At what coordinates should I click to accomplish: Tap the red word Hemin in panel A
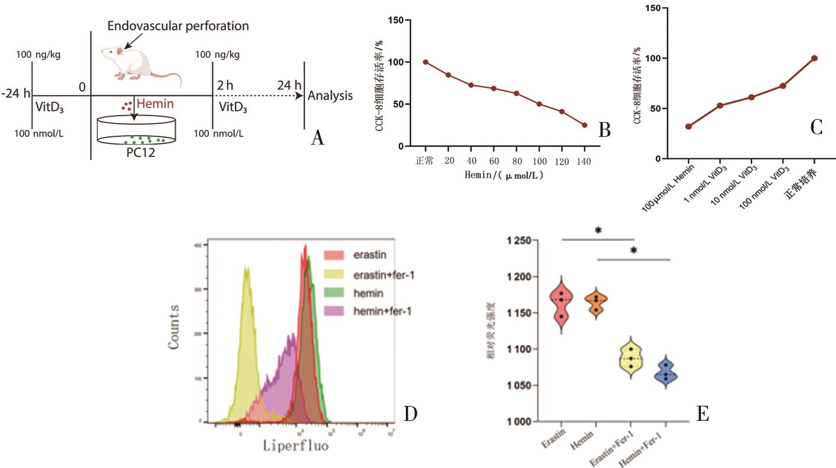pos(155,104)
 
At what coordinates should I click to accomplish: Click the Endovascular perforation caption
pos(178,26)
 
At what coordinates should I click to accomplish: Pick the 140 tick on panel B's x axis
pos(584,161)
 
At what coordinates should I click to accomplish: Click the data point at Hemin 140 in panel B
pos(584,125)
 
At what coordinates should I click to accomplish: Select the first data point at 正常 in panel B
pos(425,62)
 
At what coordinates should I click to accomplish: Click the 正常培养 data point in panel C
pos(814,58)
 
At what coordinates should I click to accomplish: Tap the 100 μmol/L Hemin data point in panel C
pos(689,126)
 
